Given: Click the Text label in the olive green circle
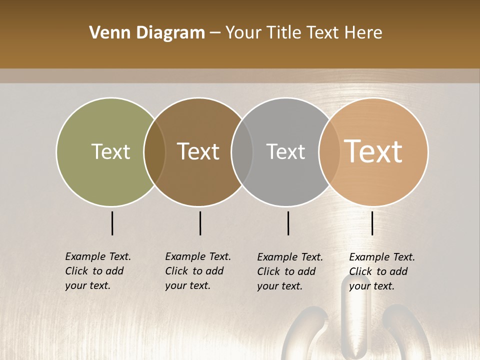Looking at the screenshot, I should click(110, 151).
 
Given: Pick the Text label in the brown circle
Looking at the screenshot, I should click(198, 151).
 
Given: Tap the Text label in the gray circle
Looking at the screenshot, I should click(285, 151).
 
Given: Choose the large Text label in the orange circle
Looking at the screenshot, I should click(373, 151).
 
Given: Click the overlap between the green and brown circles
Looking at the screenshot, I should click(154, 152).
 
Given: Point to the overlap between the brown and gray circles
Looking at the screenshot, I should click(242, 152).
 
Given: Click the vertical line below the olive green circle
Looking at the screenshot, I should click(112, 223).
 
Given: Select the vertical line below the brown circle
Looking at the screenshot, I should click(200, 223).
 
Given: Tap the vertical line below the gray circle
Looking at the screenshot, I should click(288, 223).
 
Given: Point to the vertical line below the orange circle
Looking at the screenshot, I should click(372, 223).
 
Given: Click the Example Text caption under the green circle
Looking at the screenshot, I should click(97, 271).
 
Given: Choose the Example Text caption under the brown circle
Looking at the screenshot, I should click(197, 271).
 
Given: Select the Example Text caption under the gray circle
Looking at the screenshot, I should click(289, 271).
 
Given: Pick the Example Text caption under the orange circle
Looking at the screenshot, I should click(381, 271).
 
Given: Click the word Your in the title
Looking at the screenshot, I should click(243, 33).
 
